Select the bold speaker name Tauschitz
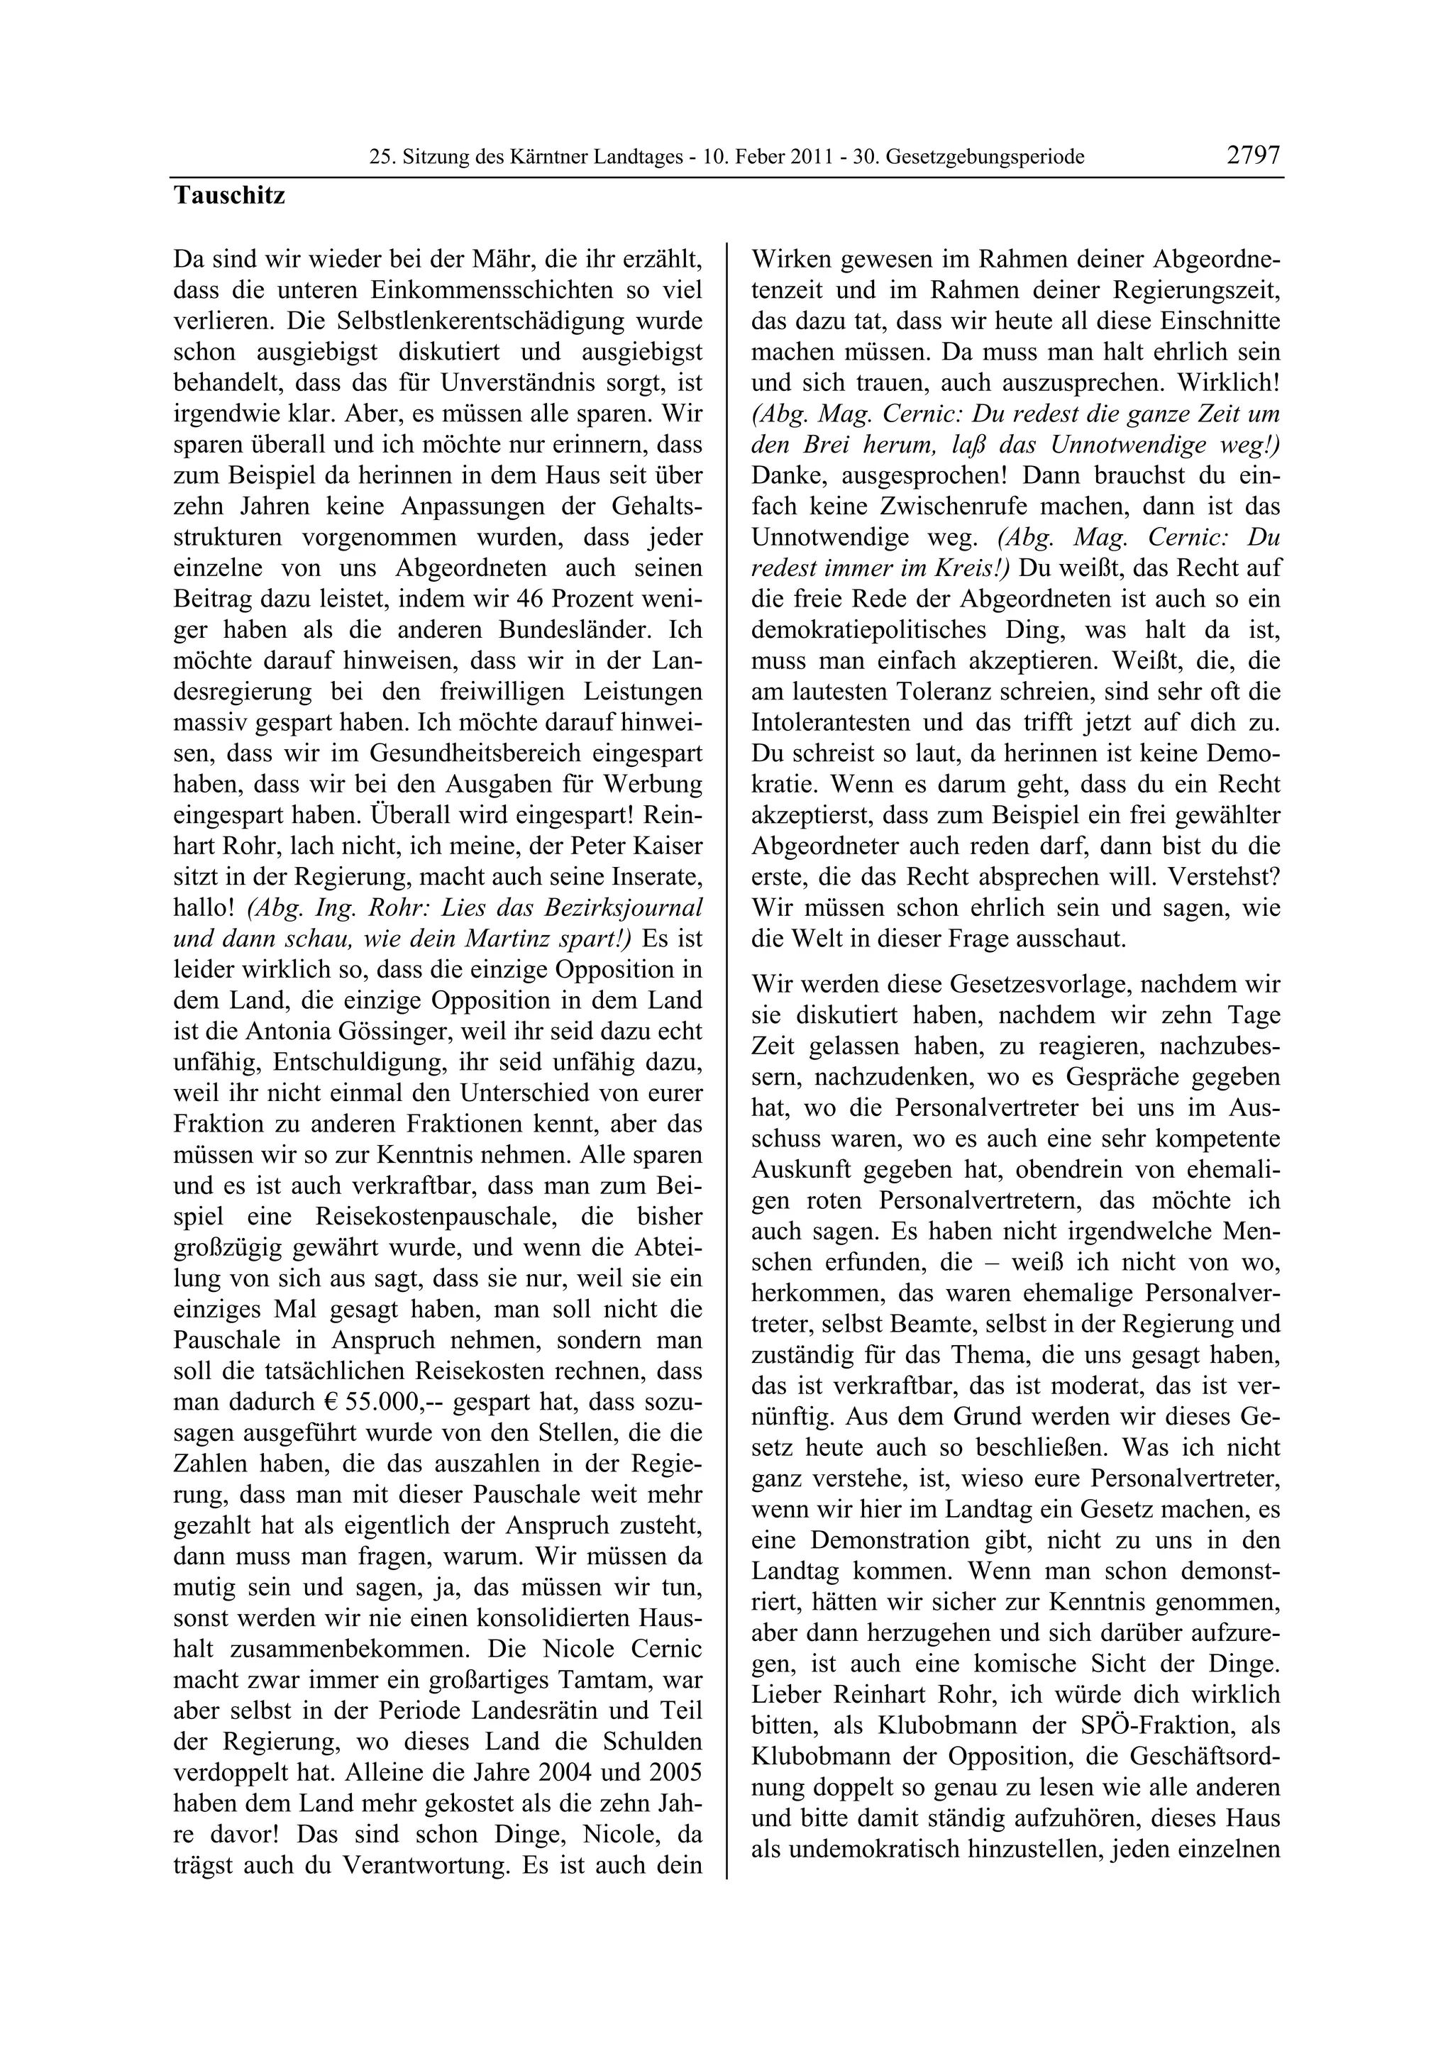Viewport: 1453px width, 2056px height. (229, 195)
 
